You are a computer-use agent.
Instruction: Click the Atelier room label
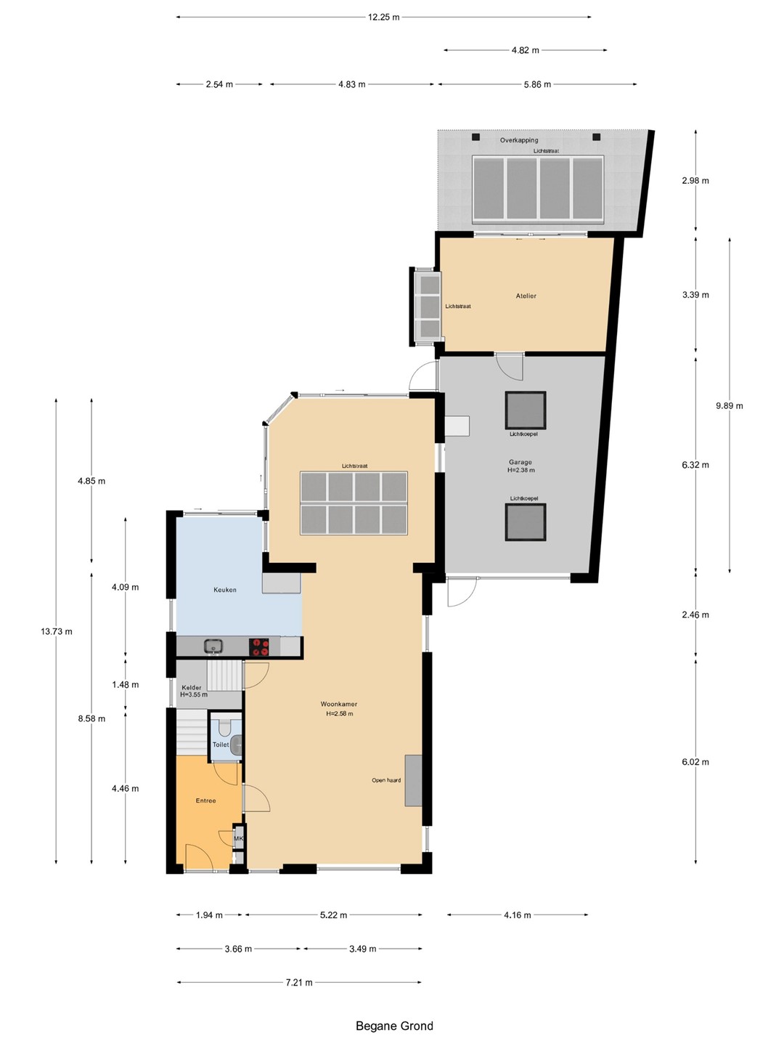point(526,296)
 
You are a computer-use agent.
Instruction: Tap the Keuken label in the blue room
point(225,590)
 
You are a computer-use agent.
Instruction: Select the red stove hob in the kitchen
point(259,647)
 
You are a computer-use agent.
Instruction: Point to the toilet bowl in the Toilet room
point(224,726)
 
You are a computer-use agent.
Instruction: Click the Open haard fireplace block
point(413,780)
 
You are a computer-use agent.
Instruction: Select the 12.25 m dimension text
point(384,17)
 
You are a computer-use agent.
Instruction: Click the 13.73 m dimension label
point(57,631)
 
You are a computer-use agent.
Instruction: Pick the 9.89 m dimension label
point(730,406)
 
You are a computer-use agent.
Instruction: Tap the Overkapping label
point(519,140)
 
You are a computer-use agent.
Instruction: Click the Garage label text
point(520,462)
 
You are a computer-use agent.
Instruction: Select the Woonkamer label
point(339,704)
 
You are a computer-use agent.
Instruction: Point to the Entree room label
point(205,800)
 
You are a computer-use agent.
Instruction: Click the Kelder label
point(192,688)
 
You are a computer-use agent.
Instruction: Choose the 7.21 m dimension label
point(299,982)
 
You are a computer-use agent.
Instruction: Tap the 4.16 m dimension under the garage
point(518,915)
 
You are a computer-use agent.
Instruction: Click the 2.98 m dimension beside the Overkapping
point(695,181)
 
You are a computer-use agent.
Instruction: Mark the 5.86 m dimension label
point(537,84)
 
